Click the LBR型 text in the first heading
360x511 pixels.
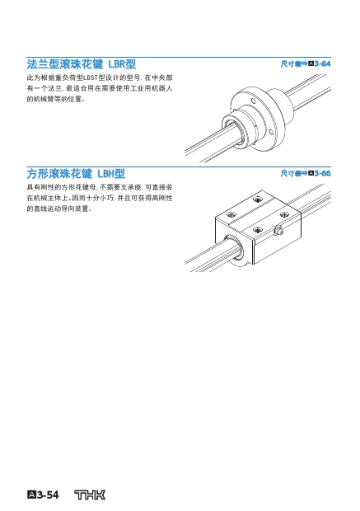(122, 64)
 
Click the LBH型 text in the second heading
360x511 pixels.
(111, 173)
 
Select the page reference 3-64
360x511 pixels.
(322, 63)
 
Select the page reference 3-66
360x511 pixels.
(322, 173)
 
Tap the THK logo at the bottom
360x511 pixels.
(90, 495)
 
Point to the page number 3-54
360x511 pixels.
(48, 495)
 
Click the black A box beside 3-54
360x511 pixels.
(31, 495)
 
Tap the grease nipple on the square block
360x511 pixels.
(278, 231)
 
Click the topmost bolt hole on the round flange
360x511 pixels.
(253, 101)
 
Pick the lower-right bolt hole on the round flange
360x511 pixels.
(271, 132)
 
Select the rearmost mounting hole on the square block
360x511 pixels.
(259, 199)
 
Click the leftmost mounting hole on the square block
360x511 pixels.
(231, 214)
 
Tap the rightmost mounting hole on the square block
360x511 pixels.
(284, 214)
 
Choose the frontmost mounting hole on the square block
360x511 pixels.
(258, 230)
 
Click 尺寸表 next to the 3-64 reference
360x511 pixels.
(291, 63)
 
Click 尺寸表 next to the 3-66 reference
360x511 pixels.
(291, 173)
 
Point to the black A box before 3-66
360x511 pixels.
(311, 173)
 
